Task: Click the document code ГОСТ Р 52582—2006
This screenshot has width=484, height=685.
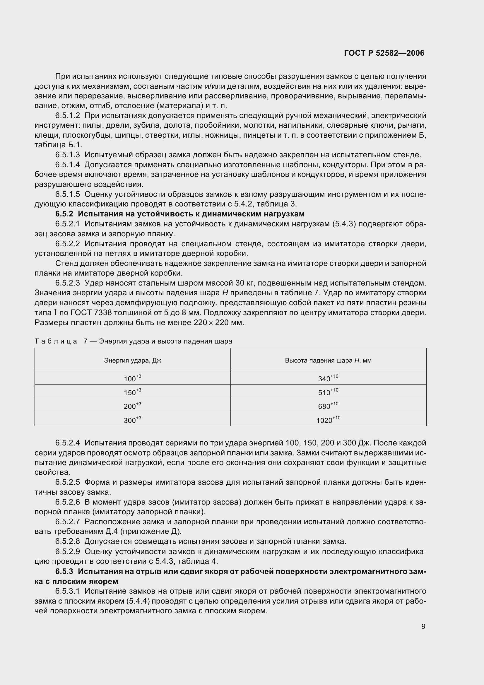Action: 384,53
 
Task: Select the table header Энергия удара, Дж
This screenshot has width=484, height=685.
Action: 132,361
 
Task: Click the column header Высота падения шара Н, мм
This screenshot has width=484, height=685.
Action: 328,361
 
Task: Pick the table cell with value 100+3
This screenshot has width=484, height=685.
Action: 132,378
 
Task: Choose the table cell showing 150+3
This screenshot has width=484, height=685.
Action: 132,392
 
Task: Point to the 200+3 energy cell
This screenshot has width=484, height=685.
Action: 132,406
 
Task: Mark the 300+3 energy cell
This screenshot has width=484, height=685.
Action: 132,420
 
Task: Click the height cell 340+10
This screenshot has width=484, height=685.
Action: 328,378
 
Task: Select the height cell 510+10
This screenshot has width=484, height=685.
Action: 328,392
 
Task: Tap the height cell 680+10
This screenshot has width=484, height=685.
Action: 328,406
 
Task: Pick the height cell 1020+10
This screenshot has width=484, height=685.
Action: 328,420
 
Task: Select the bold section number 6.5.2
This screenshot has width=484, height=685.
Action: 64,214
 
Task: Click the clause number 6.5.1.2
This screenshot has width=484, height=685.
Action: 67,115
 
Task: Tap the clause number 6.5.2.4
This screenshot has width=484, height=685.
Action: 67,443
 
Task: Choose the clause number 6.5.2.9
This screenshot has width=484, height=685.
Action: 67,551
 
